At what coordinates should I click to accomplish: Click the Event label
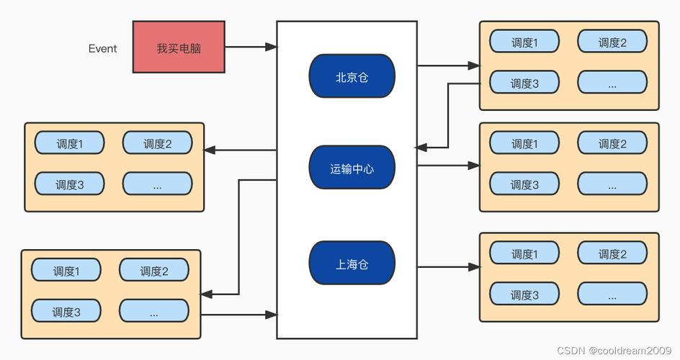[102, 49]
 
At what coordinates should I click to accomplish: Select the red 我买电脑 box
[179, 48]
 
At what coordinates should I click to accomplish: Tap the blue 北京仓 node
[352, 76]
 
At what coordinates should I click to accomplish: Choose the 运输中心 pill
[352, 168]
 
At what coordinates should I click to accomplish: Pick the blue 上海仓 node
[352, 264]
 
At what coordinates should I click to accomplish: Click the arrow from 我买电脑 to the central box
[251, 48]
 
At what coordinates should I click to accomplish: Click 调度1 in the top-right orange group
[524, 42]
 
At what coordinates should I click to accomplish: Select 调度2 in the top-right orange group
[612, 42]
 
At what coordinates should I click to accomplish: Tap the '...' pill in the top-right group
[612, 83]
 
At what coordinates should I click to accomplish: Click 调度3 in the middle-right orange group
[524, 184]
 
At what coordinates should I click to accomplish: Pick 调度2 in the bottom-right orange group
[612, 253]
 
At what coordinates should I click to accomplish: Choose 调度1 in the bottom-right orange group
[524, 253]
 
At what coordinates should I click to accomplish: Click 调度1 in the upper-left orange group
[70, 143]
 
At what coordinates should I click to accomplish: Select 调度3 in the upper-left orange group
[70, 184]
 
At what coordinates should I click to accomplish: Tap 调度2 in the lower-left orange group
[154, 271]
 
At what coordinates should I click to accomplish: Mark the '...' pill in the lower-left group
[154, 312]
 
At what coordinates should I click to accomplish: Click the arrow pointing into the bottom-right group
[448, 267]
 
